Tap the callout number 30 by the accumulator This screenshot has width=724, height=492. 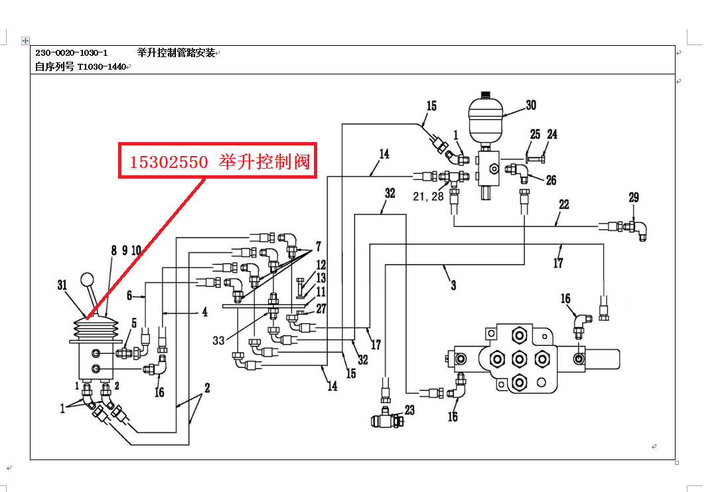coord(531,106)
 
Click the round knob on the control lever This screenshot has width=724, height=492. coord(87,279)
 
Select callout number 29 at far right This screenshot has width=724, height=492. coord(634,197)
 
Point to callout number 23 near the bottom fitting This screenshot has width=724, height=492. coord(409,410)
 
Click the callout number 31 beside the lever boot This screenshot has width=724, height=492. coord(62,285)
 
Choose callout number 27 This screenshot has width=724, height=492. coord(321,308)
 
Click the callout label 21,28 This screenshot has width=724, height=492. coord(427,197)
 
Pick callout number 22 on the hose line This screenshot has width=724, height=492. coord(563,205)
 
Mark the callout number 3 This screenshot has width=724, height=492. coord(453,286)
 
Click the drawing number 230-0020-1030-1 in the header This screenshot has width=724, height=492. coord(72,52)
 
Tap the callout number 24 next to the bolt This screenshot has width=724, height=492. coord(552,134)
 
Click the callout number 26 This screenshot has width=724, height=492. coord(551,180)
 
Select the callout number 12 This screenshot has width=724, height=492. coord(321,266)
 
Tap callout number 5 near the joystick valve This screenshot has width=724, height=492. coord(134,323)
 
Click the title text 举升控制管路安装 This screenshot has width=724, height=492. coord(176,52)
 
